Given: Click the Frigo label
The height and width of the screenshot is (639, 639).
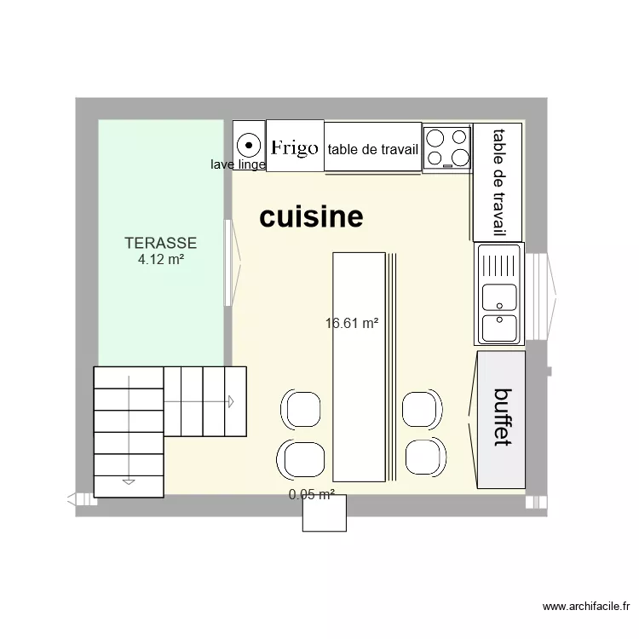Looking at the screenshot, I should tap(294, 147).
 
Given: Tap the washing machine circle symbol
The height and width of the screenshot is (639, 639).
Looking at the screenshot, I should tap(249, 144).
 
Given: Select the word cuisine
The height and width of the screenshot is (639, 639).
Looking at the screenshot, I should tap(311, 217).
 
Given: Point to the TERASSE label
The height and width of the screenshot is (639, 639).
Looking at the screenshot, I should tap(160, 243).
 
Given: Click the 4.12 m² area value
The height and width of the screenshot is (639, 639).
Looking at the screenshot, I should tap(161, 259).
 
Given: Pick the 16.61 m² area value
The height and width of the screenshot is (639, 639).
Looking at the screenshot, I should tap(351, 323).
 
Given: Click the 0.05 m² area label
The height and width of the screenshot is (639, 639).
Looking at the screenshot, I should tap(311, 494).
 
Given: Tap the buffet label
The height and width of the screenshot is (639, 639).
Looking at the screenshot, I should tap(504, 417).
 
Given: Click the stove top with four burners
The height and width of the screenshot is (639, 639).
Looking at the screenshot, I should tap(447, 147).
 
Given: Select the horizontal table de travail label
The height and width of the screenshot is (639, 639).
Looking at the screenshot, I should tap(372, 150).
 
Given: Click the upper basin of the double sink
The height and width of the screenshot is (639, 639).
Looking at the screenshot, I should tap(498, 296).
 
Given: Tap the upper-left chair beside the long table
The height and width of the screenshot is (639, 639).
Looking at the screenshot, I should tap(302, 409).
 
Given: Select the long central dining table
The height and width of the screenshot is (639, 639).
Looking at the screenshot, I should tap(359, 366).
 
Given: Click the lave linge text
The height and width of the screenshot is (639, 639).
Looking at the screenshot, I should tap(238, 164).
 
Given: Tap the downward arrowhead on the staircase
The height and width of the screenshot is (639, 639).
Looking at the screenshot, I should tap(128, 481).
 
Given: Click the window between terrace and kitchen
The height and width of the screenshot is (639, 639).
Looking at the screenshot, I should tap(228, 262).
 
